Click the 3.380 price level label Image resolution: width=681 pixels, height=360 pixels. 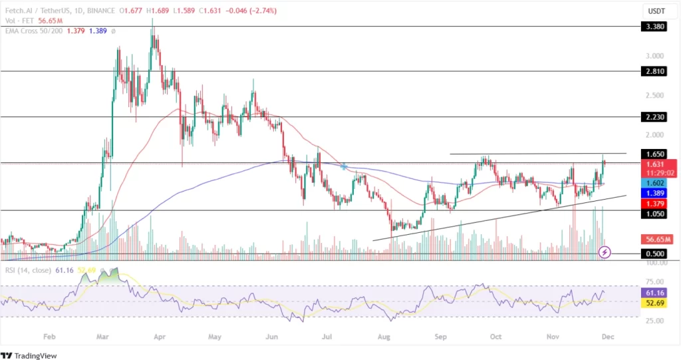(x=656, y=27)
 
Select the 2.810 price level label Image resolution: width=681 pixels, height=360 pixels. (x=656, y=71)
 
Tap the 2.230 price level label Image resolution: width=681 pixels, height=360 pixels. (x=656, y=116)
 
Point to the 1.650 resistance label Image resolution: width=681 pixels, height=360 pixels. (x=656, y=154)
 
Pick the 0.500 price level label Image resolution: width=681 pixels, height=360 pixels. (x=656, y=254)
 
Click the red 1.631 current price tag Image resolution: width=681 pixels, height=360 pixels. (x=656, y=164)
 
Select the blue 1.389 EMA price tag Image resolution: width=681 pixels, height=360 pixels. (x=656, y=192)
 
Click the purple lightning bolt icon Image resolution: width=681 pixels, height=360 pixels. (x=605, y=252)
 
